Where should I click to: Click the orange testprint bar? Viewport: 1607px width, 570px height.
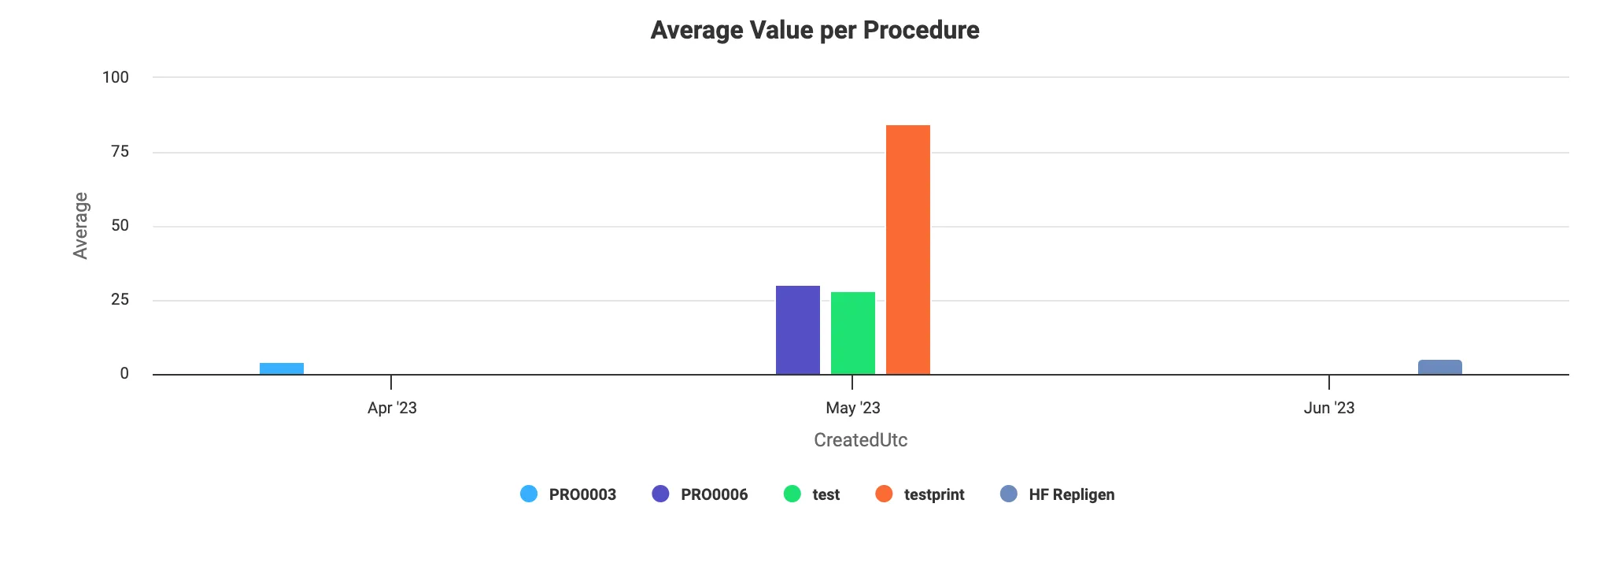(x=907, y=250)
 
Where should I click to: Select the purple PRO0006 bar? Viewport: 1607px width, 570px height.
(x=797, y=330)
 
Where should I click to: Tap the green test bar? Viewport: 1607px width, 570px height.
(x=852, y=333)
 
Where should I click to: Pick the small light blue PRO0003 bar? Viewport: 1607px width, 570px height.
(x=281, y=368)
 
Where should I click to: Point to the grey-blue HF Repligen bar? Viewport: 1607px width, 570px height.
(x=1439, y=367)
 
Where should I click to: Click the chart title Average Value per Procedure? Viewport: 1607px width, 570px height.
(x=815, y=30)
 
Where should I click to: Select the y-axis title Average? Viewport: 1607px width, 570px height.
(x=80, y=225)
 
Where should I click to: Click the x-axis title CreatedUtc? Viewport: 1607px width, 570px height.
(x=860, y=440)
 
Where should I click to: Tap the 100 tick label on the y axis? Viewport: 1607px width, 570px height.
(x=116, y=77)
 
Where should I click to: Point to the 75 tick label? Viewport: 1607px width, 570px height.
(x=120, y=151)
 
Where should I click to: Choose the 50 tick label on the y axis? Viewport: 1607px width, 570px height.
(x=120, y=226)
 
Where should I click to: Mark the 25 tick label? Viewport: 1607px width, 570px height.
(x=120, y=300)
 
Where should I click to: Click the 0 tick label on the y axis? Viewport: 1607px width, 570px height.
(x=124, y=374)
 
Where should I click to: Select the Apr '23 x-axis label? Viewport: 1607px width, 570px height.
(x=392, y=408)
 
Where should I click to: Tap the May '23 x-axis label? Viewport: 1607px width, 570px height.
(x=852, y=408)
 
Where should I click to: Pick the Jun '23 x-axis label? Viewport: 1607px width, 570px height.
(x=1328, y=408)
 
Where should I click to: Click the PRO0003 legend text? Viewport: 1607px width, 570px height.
(x=582, y=494)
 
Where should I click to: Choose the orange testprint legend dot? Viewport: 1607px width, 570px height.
(x=884, y=494)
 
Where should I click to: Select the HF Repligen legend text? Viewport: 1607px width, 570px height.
(x=1071, y=494)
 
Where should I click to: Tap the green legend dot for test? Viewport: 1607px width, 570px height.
(x=792, y=494)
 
